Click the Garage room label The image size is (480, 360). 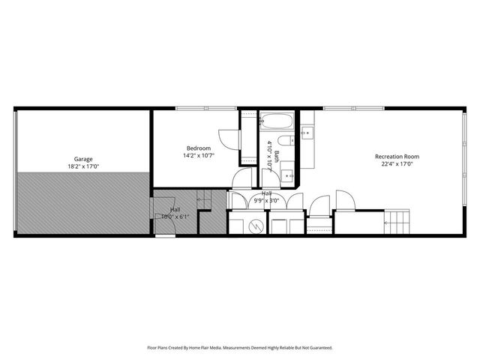[x=82, y=159]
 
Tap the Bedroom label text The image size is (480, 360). [x=198, y=148]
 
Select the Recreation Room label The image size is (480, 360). [x=397, y=156]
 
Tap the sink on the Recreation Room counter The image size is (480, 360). [x=307, y=133]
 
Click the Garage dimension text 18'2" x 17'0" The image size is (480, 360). [x=82, y=166]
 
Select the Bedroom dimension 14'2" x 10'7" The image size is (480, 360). [x=198, y=156]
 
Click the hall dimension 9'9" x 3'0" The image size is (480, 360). [x=266, y=200]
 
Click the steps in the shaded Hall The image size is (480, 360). [x=203, y=199]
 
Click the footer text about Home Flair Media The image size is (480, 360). [x=240, y=348]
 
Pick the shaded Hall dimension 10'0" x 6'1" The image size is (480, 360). [x=175, y=217]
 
